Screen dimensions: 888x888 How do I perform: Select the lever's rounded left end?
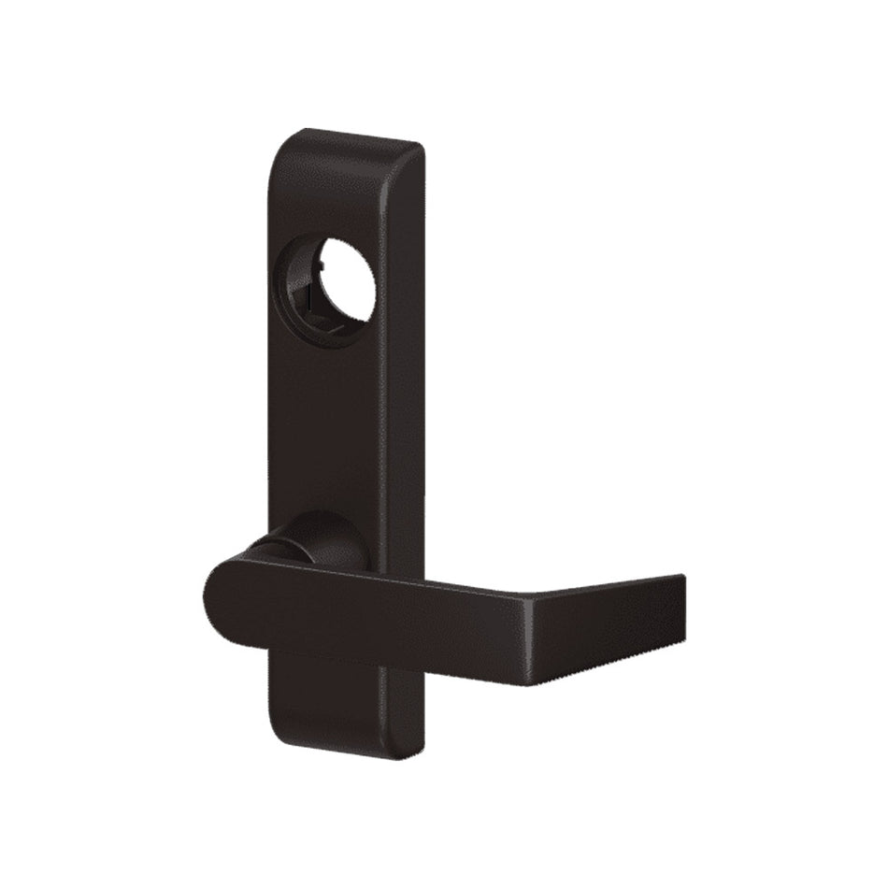(x=220, y=598)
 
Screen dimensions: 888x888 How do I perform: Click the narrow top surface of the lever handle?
(x=421, y=578)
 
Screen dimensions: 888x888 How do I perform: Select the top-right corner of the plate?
(x=417, y=150)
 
